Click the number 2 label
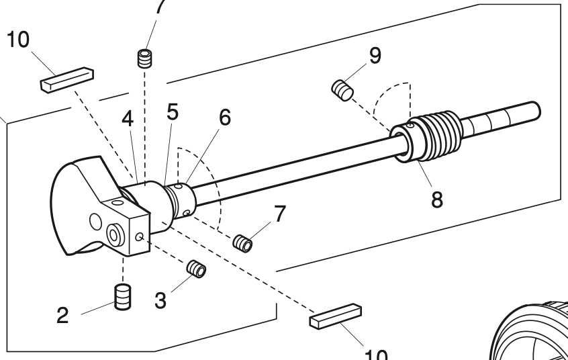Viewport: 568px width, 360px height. [x=62, y=315]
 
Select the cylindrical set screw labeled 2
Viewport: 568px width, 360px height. [x=122, y=297]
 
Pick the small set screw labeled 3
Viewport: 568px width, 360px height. [x=195, y=269]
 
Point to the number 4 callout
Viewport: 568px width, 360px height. [x=128, y=118]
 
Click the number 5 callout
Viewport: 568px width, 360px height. [x=173, y=113]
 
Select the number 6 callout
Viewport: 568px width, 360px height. [x=224, y=117]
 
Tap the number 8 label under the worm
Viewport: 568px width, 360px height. [x=436, y=199]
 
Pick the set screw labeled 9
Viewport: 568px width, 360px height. [x=343, y=89]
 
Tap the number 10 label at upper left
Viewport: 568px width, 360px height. [x=18, y=40]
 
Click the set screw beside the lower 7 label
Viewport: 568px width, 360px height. [x=242, y=242]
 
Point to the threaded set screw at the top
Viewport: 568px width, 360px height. [x=142, y=58]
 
